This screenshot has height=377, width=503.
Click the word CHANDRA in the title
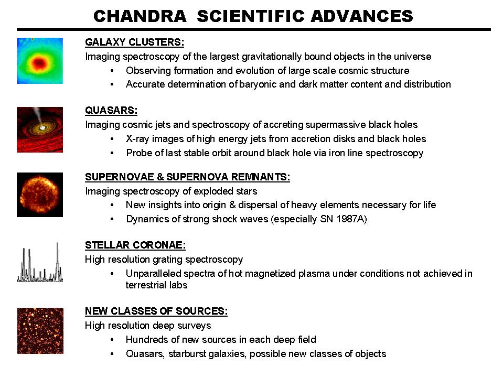point(140,16)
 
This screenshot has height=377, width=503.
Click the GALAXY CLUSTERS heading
point(134,42)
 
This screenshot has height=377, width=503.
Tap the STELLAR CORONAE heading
point(135,245)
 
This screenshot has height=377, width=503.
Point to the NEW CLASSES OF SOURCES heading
point(156,311)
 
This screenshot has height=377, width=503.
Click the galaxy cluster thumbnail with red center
point(40,61)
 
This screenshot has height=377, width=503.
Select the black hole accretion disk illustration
point(40,130)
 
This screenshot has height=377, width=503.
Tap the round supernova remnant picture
point(40,195)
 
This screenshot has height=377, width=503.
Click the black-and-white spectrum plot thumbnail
point(40,262)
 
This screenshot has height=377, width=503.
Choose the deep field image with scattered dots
point(40,330)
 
